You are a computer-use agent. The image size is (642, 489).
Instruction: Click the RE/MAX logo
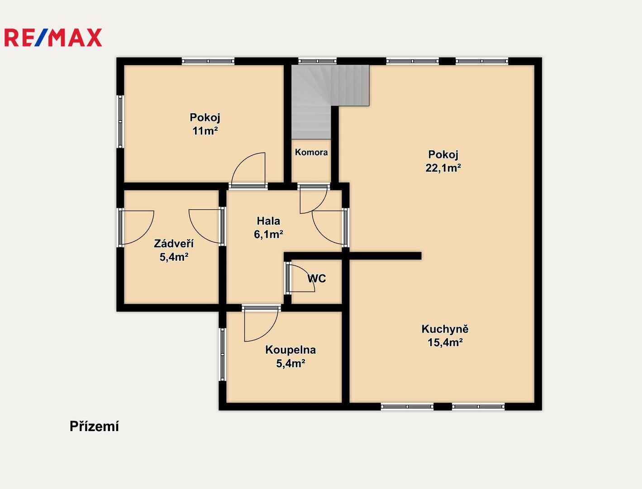tap(53, 38)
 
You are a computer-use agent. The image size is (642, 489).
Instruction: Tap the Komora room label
tap(311, 152)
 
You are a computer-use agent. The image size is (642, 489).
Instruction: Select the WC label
tap(316, 278)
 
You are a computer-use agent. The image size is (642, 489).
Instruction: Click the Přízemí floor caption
tap(94, 427)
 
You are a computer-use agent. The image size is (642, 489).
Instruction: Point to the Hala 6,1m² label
tap(268, 227)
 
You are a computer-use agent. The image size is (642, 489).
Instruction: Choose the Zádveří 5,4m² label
tap(174, 250)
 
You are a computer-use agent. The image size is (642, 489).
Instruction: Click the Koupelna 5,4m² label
tap(290, 356)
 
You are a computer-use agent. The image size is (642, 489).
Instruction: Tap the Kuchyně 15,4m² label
tap(445, 336)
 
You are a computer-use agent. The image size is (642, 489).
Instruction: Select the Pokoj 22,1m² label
tap(443, 161)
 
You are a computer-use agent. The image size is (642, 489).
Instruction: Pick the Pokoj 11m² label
tap(205, 124)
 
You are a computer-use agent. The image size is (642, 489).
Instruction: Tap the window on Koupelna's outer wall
tap(222, 355)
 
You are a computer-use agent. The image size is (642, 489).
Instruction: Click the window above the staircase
tap(317, 61)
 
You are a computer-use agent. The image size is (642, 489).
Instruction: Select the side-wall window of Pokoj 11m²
tap(120, 121)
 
